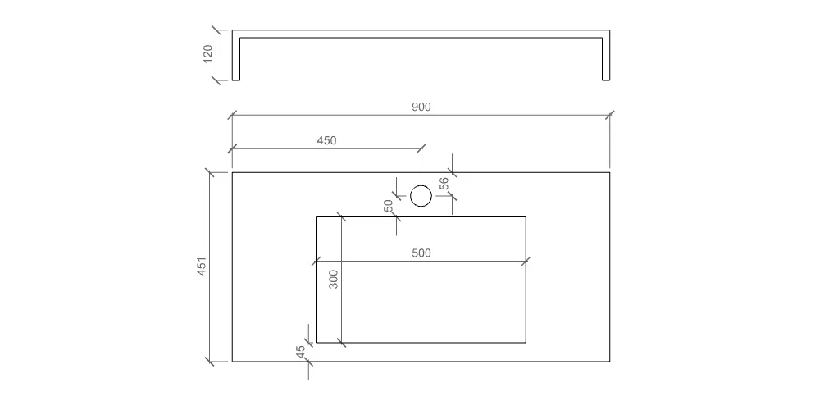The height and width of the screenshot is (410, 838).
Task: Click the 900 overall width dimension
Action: [x=421, y=107]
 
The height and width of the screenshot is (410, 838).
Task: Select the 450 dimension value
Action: [x=326, y=140]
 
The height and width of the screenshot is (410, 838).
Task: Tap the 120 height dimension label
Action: [x=208, y=53]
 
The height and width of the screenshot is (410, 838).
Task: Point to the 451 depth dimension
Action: [x=202, y=266]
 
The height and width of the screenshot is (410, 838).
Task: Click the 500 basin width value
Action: [x=421, y=253]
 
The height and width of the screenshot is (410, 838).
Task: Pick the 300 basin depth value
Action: [x=334, y=279]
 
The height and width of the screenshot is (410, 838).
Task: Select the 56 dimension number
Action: [x=444, y=184]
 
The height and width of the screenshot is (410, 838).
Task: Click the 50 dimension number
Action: [x=389, y=206]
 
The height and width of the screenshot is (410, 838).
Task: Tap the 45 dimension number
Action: [x=301, y=351]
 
